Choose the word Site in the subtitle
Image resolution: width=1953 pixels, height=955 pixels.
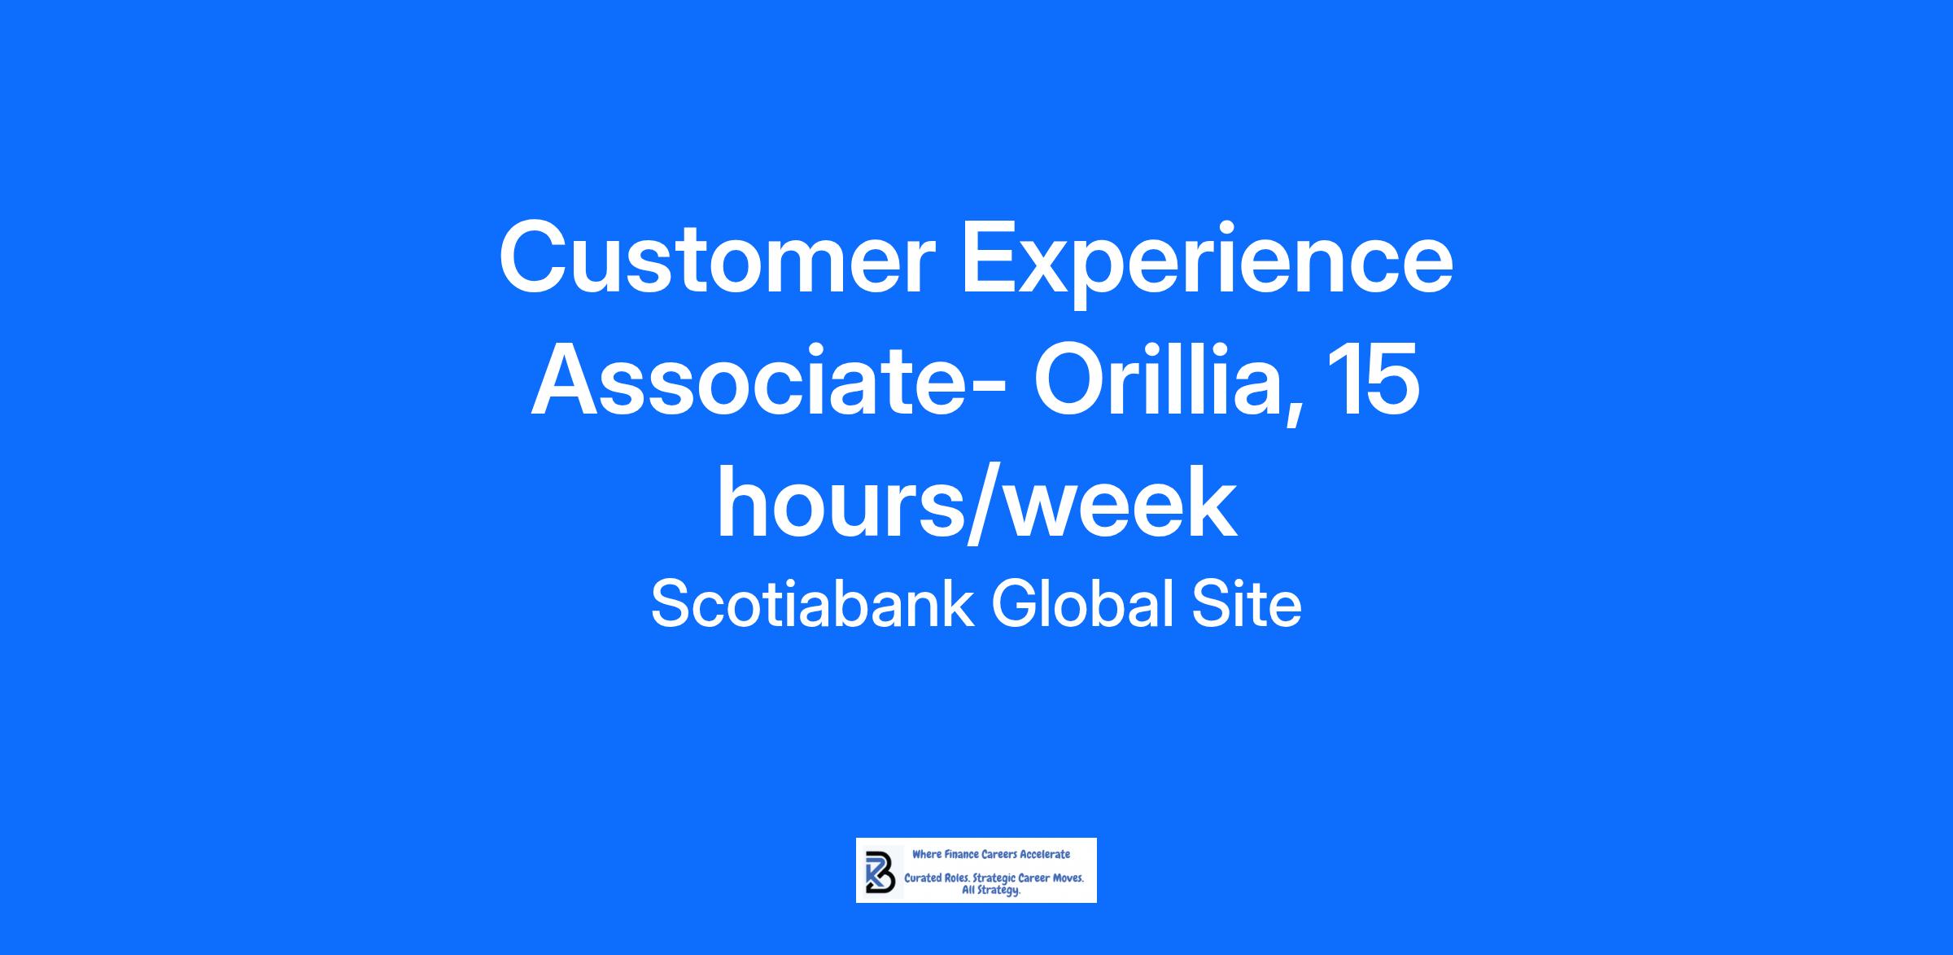tap(1246, 604)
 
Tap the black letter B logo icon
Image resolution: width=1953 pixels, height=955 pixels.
tap(880, 873)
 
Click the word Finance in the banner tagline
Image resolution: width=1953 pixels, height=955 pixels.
tap(961, 855)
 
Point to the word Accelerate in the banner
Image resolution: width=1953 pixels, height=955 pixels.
tap(1045, 855)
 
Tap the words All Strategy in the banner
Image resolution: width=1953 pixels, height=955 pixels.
tap(991, 891)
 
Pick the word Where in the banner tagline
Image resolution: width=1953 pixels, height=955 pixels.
tap(927, 855)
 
